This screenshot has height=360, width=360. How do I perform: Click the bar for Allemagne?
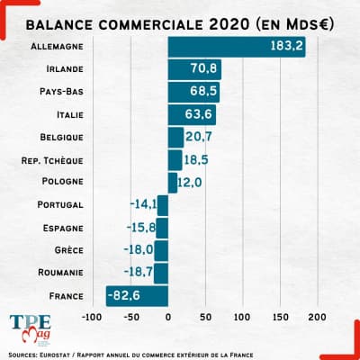pyautogui.click(x=236, y=46)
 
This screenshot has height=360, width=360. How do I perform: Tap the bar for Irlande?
pyautogui.click(x=194, y=68)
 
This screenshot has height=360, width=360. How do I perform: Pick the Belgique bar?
pyautogui.click(x=175, y=137)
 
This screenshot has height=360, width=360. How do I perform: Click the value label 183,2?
pyautogui.click(x=285, y=46)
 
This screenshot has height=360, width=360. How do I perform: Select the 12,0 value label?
pyautogui.click(x=189, y=182)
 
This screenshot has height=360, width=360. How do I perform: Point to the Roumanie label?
pyautogui.click(x=61, y=273)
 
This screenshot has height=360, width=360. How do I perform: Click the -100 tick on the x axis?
pyautogui.click(x=92, y=318)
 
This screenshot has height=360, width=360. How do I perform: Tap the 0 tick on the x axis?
pyautogui.click(x=168, y=318)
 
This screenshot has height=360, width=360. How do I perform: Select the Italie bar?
pyautogui.click(x=192, y=114)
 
